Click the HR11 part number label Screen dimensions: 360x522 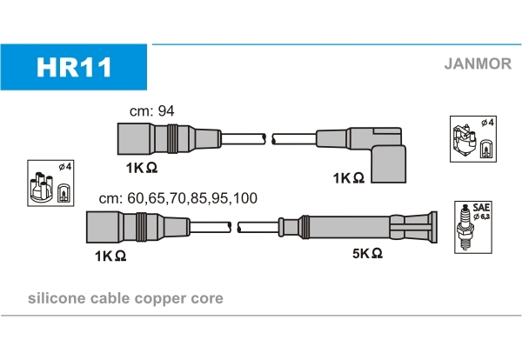tap(74, 67)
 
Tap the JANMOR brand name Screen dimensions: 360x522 tap(478, 63)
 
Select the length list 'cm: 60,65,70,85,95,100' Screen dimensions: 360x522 tap(177, 198)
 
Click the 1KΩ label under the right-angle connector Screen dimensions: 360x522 tap(347, 177)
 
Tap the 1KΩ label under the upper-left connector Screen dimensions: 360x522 tap(140, 167)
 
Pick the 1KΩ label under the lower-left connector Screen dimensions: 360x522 tap(110, 256)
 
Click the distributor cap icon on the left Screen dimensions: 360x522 tap(50, 183)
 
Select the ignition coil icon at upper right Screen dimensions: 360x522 tap(472, 138)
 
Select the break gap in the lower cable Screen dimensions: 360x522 tap(235, 228)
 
